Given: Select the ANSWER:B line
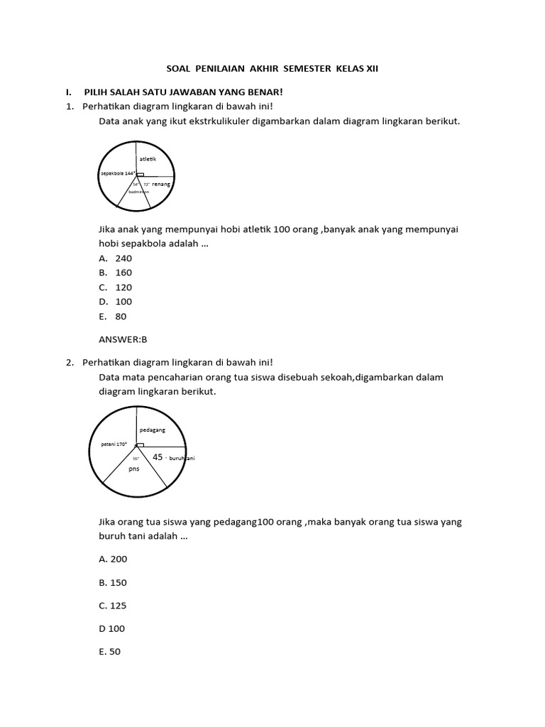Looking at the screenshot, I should click(x=123, y=339).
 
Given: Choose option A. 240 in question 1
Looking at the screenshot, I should click(x=116, y=258).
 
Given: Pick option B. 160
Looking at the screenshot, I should click(x=116, y=273).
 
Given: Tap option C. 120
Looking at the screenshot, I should click(x=116, y=288).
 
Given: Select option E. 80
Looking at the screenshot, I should click(x=113, y=317).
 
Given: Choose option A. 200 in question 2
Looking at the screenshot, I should click(x=114, y=559).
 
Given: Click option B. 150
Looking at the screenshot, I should click(x=114, y=583).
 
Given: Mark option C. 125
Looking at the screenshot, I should click(x=114, y=606).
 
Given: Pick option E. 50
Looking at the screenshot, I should click(x=111, y=652).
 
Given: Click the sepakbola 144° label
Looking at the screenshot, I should click(x=117, y=173).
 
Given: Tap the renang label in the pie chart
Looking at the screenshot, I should click(x=163, y=184).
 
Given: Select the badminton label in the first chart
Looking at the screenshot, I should click(x=139, y=192).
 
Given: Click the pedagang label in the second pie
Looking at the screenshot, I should click(x=153, y=430).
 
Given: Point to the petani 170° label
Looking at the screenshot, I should click(x=109, y=444).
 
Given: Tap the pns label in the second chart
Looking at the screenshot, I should click(x=133, y=469).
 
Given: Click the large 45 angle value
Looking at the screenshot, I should click(x=158, y=457).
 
